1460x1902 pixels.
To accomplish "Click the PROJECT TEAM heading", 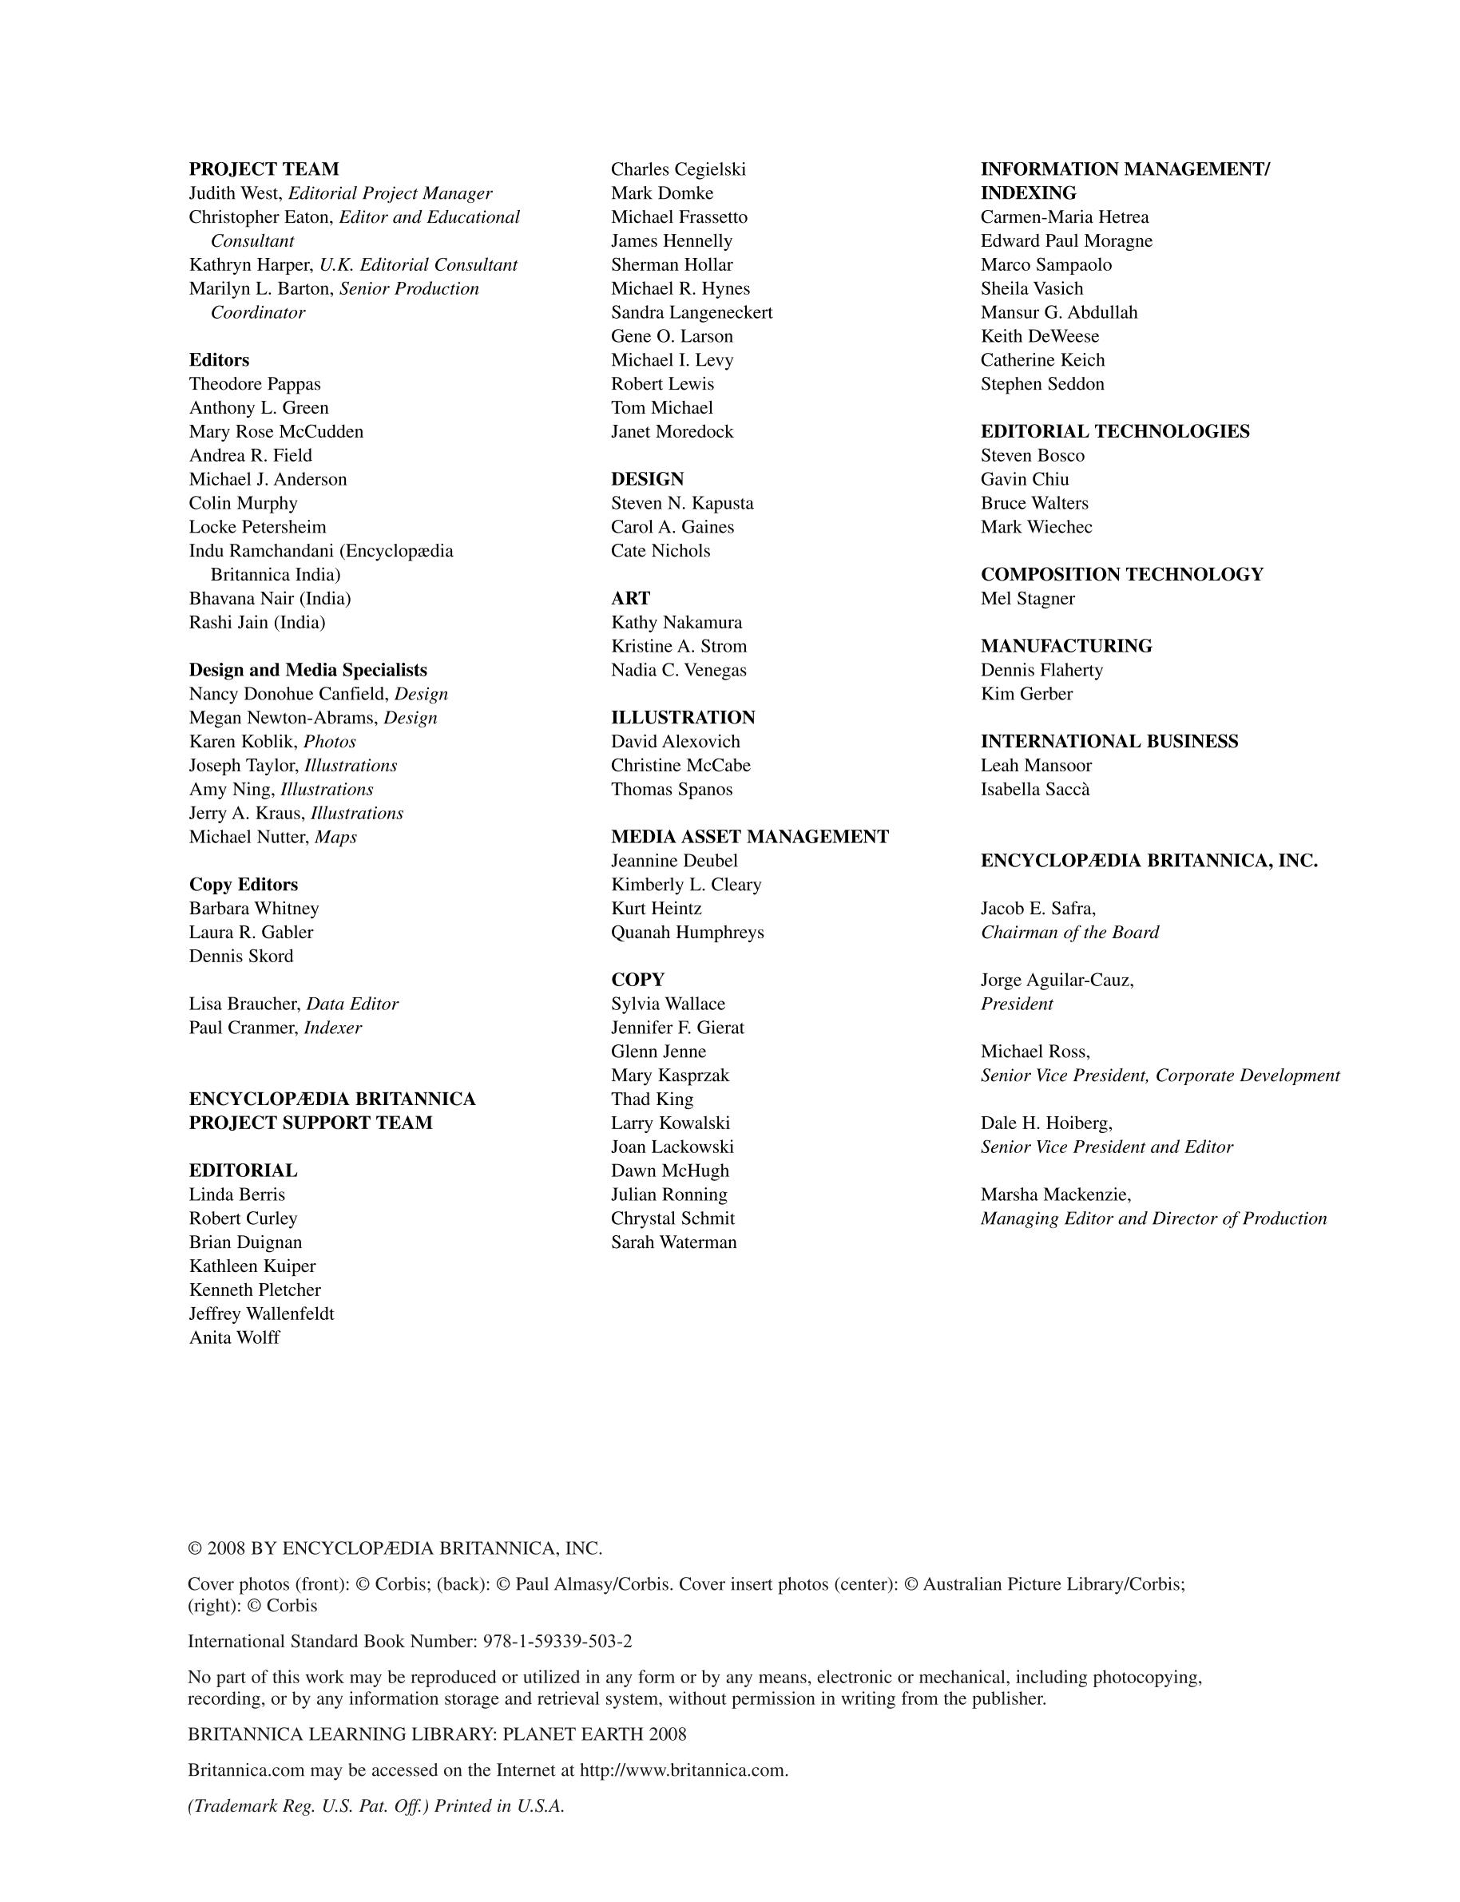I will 264,168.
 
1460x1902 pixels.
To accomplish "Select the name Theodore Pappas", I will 255,383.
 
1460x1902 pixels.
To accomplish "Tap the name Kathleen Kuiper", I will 252,1266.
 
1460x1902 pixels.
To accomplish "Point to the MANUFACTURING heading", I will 1066,646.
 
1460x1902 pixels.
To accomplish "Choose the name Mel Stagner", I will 1027,598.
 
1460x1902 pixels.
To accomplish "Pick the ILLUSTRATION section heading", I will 682,717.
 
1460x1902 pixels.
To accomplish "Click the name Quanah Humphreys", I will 688,932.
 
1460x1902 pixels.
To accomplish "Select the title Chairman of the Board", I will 1069,932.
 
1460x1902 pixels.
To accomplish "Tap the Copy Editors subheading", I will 244,884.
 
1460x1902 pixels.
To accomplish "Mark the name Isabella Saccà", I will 1035,789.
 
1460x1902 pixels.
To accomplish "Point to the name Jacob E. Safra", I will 1037,908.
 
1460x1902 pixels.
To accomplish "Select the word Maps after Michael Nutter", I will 335,837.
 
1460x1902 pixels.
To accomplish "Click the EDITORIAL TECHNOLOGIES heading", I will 1115,431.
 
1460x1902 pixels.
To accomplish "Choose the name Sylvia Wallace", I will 668,1004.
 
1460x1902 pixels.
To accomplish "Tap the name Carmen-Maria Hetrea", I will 1065,216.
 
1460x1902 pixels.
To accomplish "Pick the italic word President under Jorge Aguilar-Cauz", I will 1017,1004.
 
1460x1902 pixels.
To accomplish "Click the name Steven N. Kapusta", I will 682,502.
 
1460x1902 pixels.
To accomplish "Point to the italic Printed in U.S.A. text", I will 499,1805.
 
